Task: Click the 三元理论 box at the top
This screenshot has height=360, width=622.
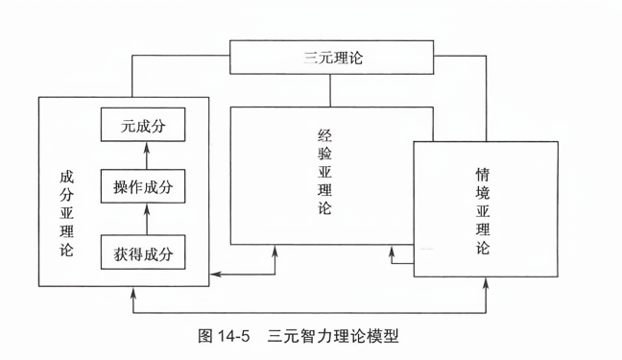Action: (331, 59)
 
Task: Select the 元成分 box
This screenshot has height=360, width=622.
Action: (143, 124)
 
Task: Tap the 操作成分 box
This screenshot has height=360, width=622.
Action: (143, 186)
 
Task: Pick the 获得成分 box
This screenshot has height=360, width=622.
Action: (143, 252)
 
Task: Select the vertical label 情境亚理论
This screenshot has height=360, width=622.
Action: (482, 212)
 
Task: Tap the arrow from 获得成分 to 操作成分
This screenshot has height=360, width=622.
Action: (144, 219)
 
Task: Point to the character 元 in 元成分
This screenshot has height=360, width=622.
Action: (126, 124)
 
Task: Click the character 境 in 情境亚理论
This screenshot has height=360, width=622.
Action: (482, 194)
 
